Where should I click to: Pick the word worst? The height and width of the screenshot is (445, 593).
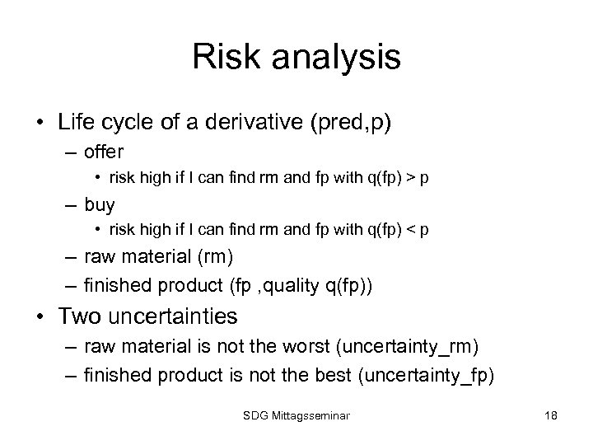coord(306,344)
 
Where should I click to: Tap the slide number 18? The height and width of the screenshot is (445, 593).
coord(550,415)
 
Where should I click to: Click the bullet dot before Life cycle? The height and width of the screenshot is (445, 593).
coord(40,124)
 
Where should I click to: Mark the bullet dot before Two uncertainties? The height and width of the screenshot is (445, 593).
coord(40,316)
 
